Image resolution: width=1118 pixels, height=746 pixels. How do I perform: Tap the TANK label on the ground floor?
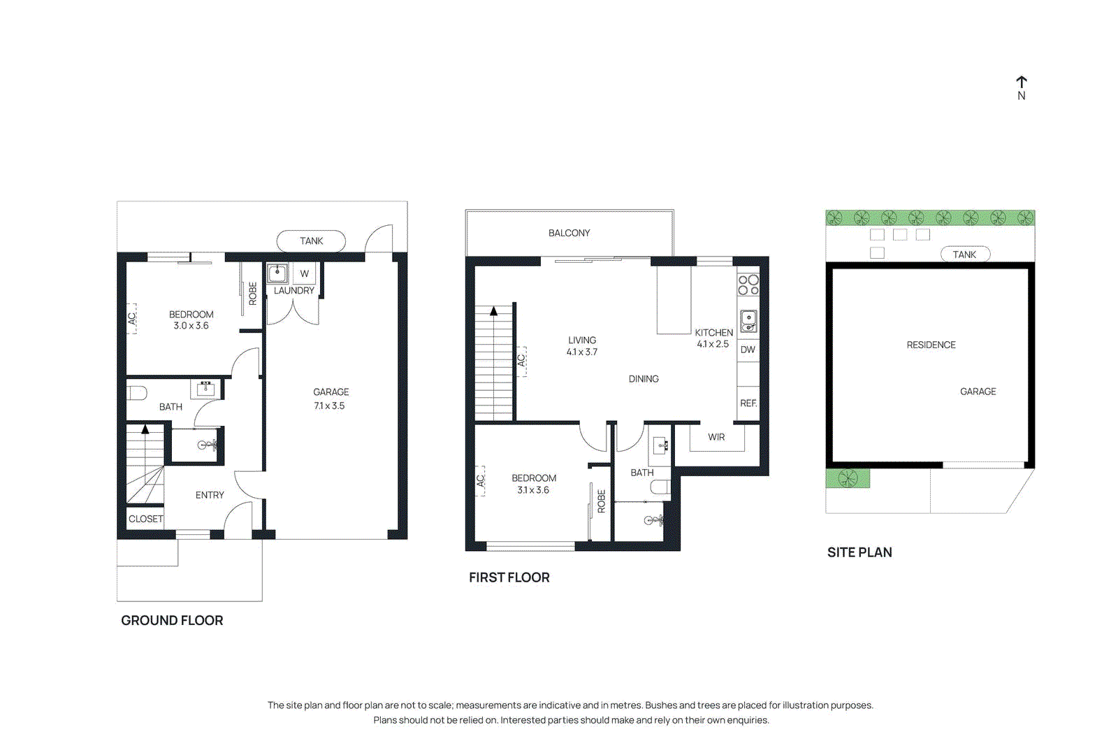tap(311, 241)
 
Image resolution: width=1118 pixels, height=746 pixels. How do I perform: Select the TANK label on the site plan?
tap(964, 254)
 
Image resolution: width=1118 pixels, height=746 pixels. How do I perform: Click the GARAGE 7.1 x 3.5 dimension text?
tap(329, 406)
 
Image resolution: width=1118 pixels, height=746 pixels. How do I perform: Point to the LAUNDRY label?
tap(293, 291)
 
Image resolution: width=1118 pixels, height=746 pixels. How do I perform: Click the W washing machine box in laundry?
tap(304, 273)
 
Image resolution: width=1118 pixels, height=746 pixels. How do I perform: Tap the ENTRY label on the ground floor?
tap(210, 495)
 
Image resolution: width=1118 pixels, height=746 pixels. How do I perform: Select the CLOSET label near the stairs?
tap(145, 519)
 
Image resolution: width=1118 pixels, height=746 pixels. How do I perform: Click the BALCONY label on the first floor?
tap(569, 233)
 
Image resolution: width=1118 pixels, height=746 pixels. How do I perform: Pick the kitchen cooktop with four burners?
tap(748, 285)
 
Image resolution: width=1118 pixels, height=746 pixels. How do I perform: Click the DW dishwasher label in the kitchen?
tap(748, 350)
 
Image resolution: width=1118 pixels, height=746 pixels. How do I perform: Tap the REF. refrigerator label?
tap(748, 403)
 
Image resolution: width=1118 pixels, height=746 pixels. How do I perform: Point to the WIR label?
tap(716, 437)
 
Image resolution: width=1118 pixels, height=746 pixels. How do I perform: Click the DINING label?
tap(644, 379)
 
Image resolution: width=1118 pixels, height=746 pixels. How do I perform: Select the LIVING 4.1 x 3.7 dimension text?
tap(582, 352)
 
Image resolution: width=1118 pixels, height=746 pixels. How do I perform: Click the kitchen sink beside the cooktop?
tap(748, 321)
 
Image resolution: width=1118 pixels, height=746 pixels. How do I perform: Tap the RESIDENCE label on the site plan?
tap(931, 345)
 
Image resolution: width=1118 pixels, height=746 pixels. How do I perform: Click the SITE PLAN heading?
tap(859, 552)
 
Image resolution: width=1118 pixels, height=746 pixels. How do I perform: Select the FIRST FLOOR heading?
tap(509, 578)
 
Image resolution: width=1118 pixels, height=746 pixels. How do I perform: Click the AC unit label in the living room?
tap(521, 361)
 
